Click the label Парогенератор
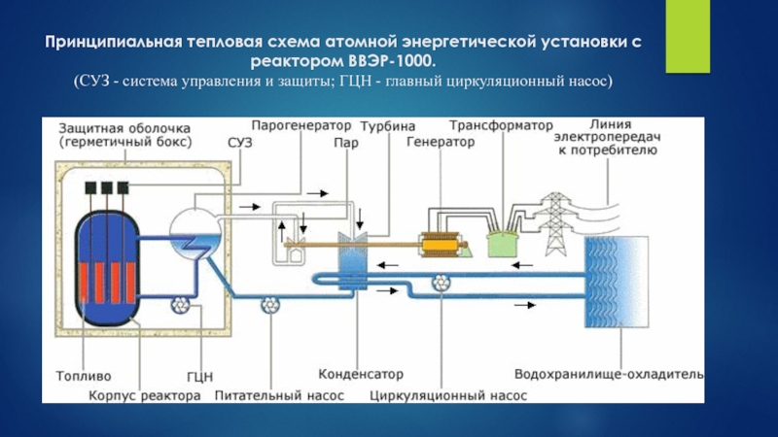pyautogui.click(x=301, y=125)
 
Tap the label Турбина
pyautogui.click(x=388, y=126)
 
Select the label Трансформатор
pyautogui.click(x=501, y=125)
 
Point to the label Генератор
pyautogui.click(x=441, y=142)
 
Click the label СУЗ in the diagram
pyautogui.click(x=240, y=143)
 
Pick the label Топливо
pyautogui.click(x=84, y=376)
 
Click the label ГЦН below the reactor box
pyautogui.click(x=200, y=377)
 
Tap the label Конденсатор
pyautogui.click(x=361, y=374)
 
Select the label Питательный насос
pyautogui.click(x=279, y=396)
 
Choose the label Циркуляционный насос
pyautogui.click(x=448, y=396)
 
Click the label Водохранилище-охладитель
pyautogui.click(x=609, y=374)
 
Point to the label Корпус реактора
pyautogui.click(x=145, y=396)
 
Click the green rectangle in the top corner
pyautogui.click(x=688, y=36)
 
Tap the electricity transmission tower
pyautogui.click(x=553, y=224)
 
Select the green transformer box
pyautogui.click(x=502, y=244)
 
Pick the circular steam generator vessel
pyautogui.click(x=195, y=233)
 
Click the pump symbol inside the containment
pyautogui.click(x=180, y=305)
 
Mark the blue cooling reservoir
pyautogui.click(x=617, y=282)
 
